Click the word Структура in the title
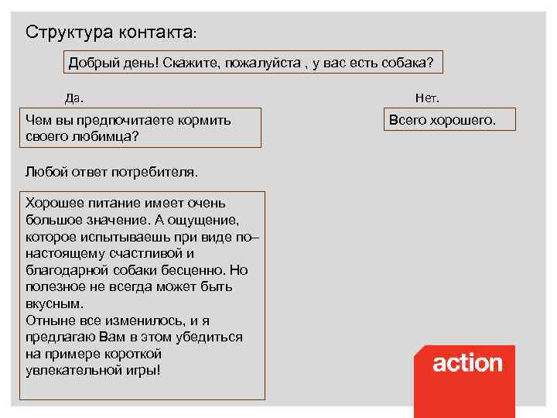[69, 33]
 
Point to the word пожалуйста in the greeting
[262, 63]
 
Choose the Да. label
[74, 98]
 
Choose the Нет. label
[427, 98]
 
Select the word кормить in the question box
[204, 120]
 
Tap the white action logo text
[467, 363]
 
